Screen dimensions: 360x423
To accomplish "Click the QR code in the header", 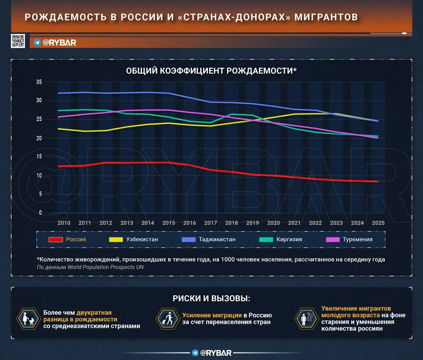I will point(18,41).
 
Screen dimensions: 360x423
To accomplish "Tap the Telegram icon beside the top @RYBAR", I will point(37,43).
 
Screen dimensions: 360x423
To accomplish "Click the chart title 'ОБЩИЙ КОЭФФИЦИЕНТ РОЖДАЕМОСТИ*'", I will point(211,71).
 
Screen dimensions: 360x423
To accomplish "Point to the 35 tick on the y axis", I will point(39,82).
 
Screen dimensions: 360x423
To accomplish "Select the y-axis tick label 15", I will point(39,156).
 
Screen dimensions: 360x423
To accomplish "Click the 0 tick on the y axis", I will point(40,213).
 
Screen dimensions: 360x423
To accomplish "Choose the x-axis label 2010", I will point(64,223).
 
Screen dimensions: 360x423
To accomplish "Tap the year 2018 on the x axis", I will point(231,223).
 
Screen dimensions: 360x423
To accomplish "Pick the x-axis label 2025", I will point(378,223).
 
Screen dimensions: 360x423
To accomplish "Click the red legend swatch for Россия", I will point(56,240).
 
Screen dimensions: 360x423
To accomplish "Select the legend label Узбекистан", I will point(142,239).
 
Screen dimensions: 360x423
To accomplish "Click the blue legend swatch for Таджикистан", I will point(189,240).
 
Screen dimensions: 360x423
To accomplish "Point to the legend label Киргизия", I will point(289,239).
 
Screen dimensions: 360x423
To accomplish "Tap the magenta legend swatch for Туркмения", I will point(333,240).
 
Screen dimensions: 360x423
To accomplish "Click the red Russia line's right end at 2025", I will point(378,181).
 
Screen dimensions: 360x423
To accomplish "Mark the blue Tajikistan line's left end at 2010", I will point(58,93).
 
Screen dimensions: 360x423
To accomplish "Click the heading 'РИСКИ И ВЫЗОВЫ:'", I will point(211,299).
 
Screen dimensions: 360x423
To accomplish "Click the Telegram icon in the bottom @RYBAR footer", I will point(195,353).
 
